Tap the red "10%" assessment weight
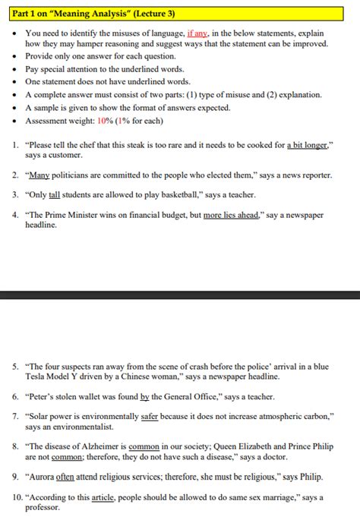coord(104,121)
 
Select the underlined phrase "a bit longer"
coord(309,144)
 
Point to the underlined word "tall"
coord(54,194)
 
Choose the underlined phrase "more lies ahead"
coord(232,215)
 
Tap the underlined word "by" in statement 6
coord(145,396)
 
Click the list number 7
coord(15,417)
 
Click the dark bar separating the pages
coord(180,294)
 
